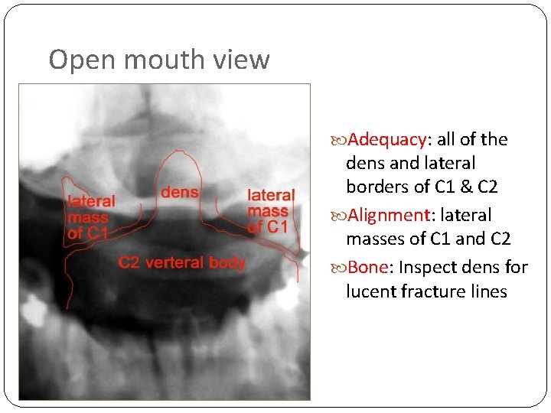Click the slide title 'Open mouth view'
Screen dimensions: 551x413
[159, 60]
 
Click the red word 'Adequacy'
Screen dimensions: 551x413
[388, 140]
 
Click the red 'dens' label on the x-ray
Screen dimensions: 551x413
[180, 192]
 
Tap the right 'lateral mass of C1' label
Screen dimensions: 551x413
[269, 210]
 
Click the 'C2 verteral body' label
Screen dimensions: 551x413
[181, 263]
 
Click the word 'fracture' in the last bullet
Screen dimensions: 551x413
[437, 291]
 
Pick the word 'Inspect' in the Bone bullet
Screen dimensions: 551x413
[427, 268]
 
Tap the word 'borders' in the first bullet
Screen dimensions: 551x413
[373, 187]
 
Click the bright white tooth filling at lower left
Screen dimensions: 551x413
[33, 311]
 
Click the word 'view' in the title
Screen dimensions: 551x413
[246, 60]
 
